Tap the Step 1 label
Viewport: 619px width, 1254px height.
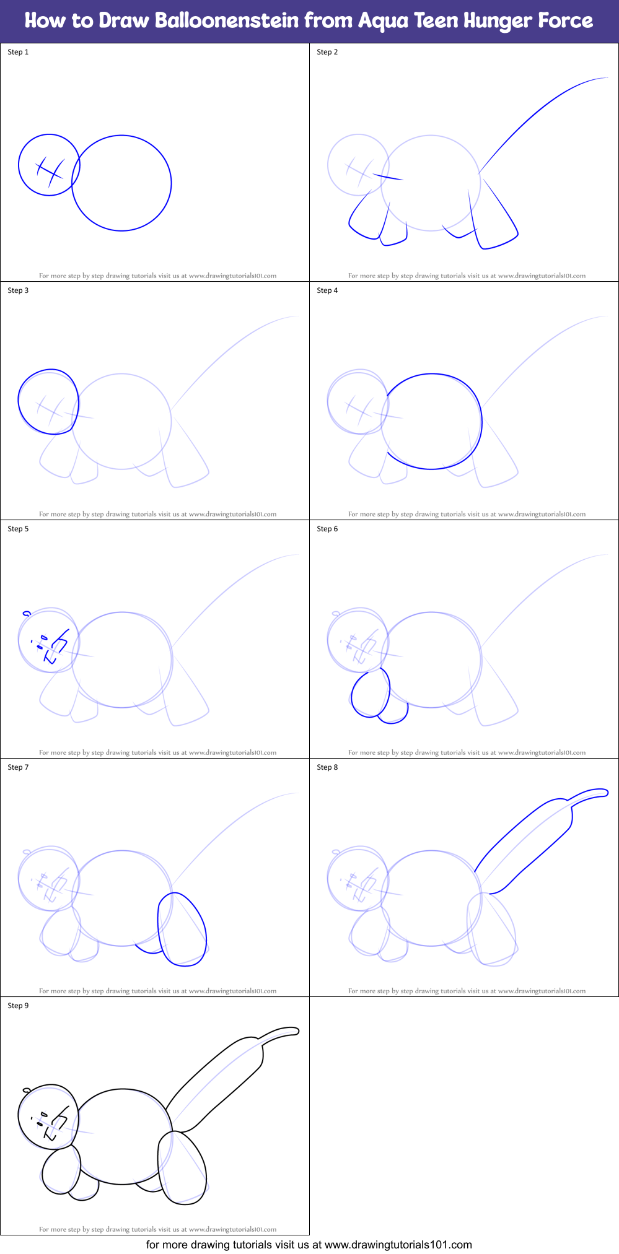[x=18, y=52]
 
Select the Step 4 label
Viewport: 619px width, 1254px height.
[x=327, y=290]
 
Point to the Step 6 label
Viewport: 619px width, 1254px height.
[x=327, y=529]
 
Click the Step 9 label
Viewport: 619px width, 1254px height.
[x=18, y=1006]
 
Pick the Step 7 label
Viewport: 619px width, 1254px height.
[x=18, y=767]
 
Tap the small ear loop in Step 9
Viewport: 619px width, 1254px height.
[x=27, y=1090]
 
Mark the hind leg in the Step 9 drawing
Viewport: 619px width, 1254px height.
[x=182, y=1167]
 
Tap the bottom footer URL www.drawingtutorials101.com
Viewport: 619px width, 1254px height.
[x=398, y=1245]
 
